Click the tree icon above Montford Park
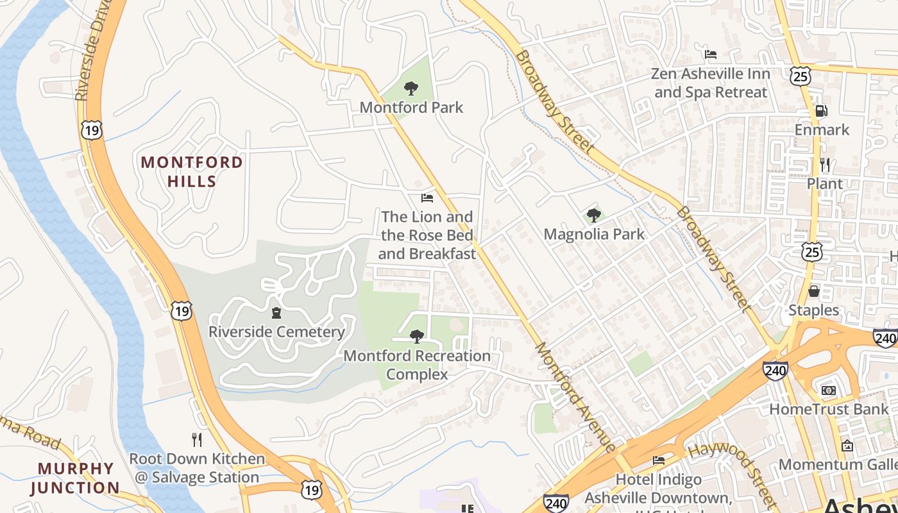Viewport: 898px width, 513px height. click(411, 88)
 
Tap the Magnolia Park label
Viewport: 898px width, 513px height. click(594, 234)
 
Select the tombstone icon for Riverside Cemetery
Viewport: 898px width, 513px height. click(276, 313)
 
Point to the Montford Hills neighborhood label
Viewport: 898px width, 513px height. click(192, 171)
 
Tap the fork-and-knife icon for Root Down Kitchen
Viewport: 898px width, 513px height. click(197, 439)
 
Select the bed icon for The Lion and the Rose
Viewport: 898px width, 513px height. click(427, 198)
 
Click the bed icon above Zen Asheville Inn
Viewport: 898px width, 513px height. click(711, 54)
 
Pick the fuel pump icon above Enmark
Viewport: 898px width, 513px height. click(821, 110)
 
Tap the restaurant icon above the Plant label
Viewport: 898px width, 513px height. click(825, 165)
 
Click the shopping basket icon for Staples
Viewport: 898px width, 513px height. click(814, 291)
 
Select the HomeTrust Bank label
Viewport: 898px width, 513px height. click(829, 408)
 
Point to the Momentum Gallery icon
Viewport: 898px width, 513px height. click(847, 445)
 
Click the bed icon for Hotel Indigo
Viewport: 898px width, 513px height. click(659, 460)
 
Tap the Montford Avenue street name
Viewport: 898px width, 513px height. click(575, 396)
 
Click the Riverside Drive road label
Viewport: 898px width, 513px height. click(90, 51)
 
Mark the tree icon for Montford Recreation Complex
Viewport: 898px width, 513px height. click(417, 336)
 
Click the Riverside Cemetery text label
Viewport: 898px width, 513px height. click(276, 332)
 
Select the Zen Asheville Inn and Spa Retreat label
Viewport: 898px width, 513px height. click(711, 83)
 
